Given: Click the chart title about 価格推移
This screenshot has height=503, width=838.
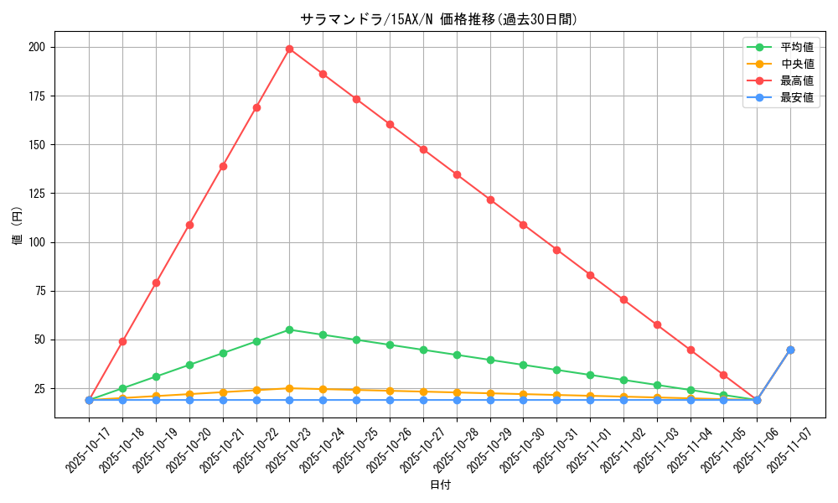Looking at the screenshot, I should click(x=438, y=19).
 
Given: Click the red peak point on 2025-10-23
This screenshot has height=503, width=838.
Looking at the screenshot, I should click(x=289, y=49).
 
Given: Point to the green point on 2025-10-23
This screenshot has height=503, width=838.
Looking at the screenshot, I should click(x=289, y=329).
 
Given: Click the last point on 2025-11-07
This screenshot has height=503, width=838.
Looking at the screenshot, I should click(x=790, y=350).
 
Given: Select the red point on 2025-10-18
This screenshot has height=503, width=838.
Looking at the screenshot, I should click(x=122, y=341).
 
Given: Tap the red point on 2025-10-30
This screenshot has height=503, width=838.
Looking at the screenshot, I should click(x=523, y=225).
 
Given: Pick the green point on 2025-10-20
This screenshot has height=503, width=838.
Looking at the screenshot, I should click(x=189, y=365).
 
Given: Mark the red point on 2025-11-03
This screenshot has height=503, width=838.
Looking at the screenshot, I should click(x=657, y=324).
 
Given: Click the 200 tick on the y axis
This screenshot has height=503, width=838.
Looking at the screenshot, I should click(x=36, y=47).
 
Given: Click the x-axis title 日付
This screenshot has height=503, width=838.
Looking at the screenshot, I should click(x=440, y=485).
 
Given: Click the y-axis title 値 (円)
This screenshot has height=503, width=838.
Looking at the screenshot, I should click(x=18, y=226).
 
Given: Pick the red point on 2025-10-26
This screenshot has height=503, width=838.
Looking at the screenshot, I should click(x=390, y=124).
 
